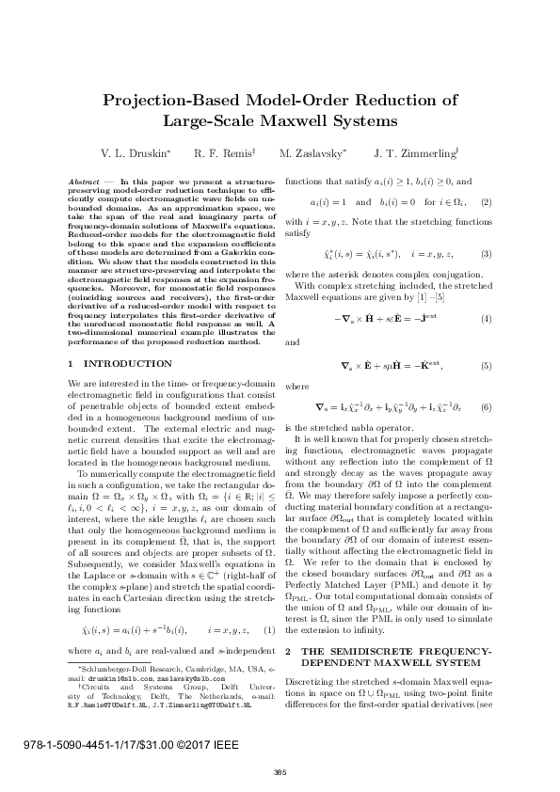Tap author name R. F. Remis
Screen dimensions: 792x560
[222, 152]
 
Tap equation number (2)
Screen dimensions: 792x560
[486, 202]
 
